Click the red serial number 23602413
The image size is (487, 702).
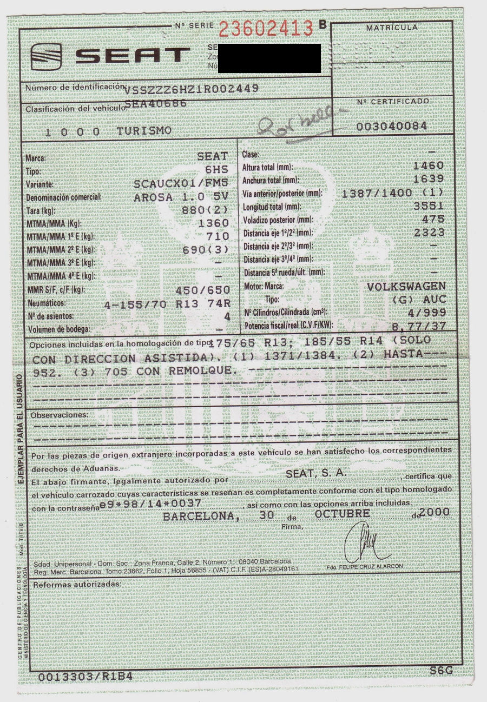[x=266, y=28]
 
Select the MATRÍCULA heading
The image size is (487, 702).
[x=392, y=28]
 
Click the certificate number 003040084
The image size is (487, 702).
[x=392, y=125]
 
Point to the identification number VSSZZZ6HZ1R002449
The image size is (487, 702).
[x=192, y=88]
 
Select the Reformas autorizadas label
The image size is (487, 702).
[x=76, y=585]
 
